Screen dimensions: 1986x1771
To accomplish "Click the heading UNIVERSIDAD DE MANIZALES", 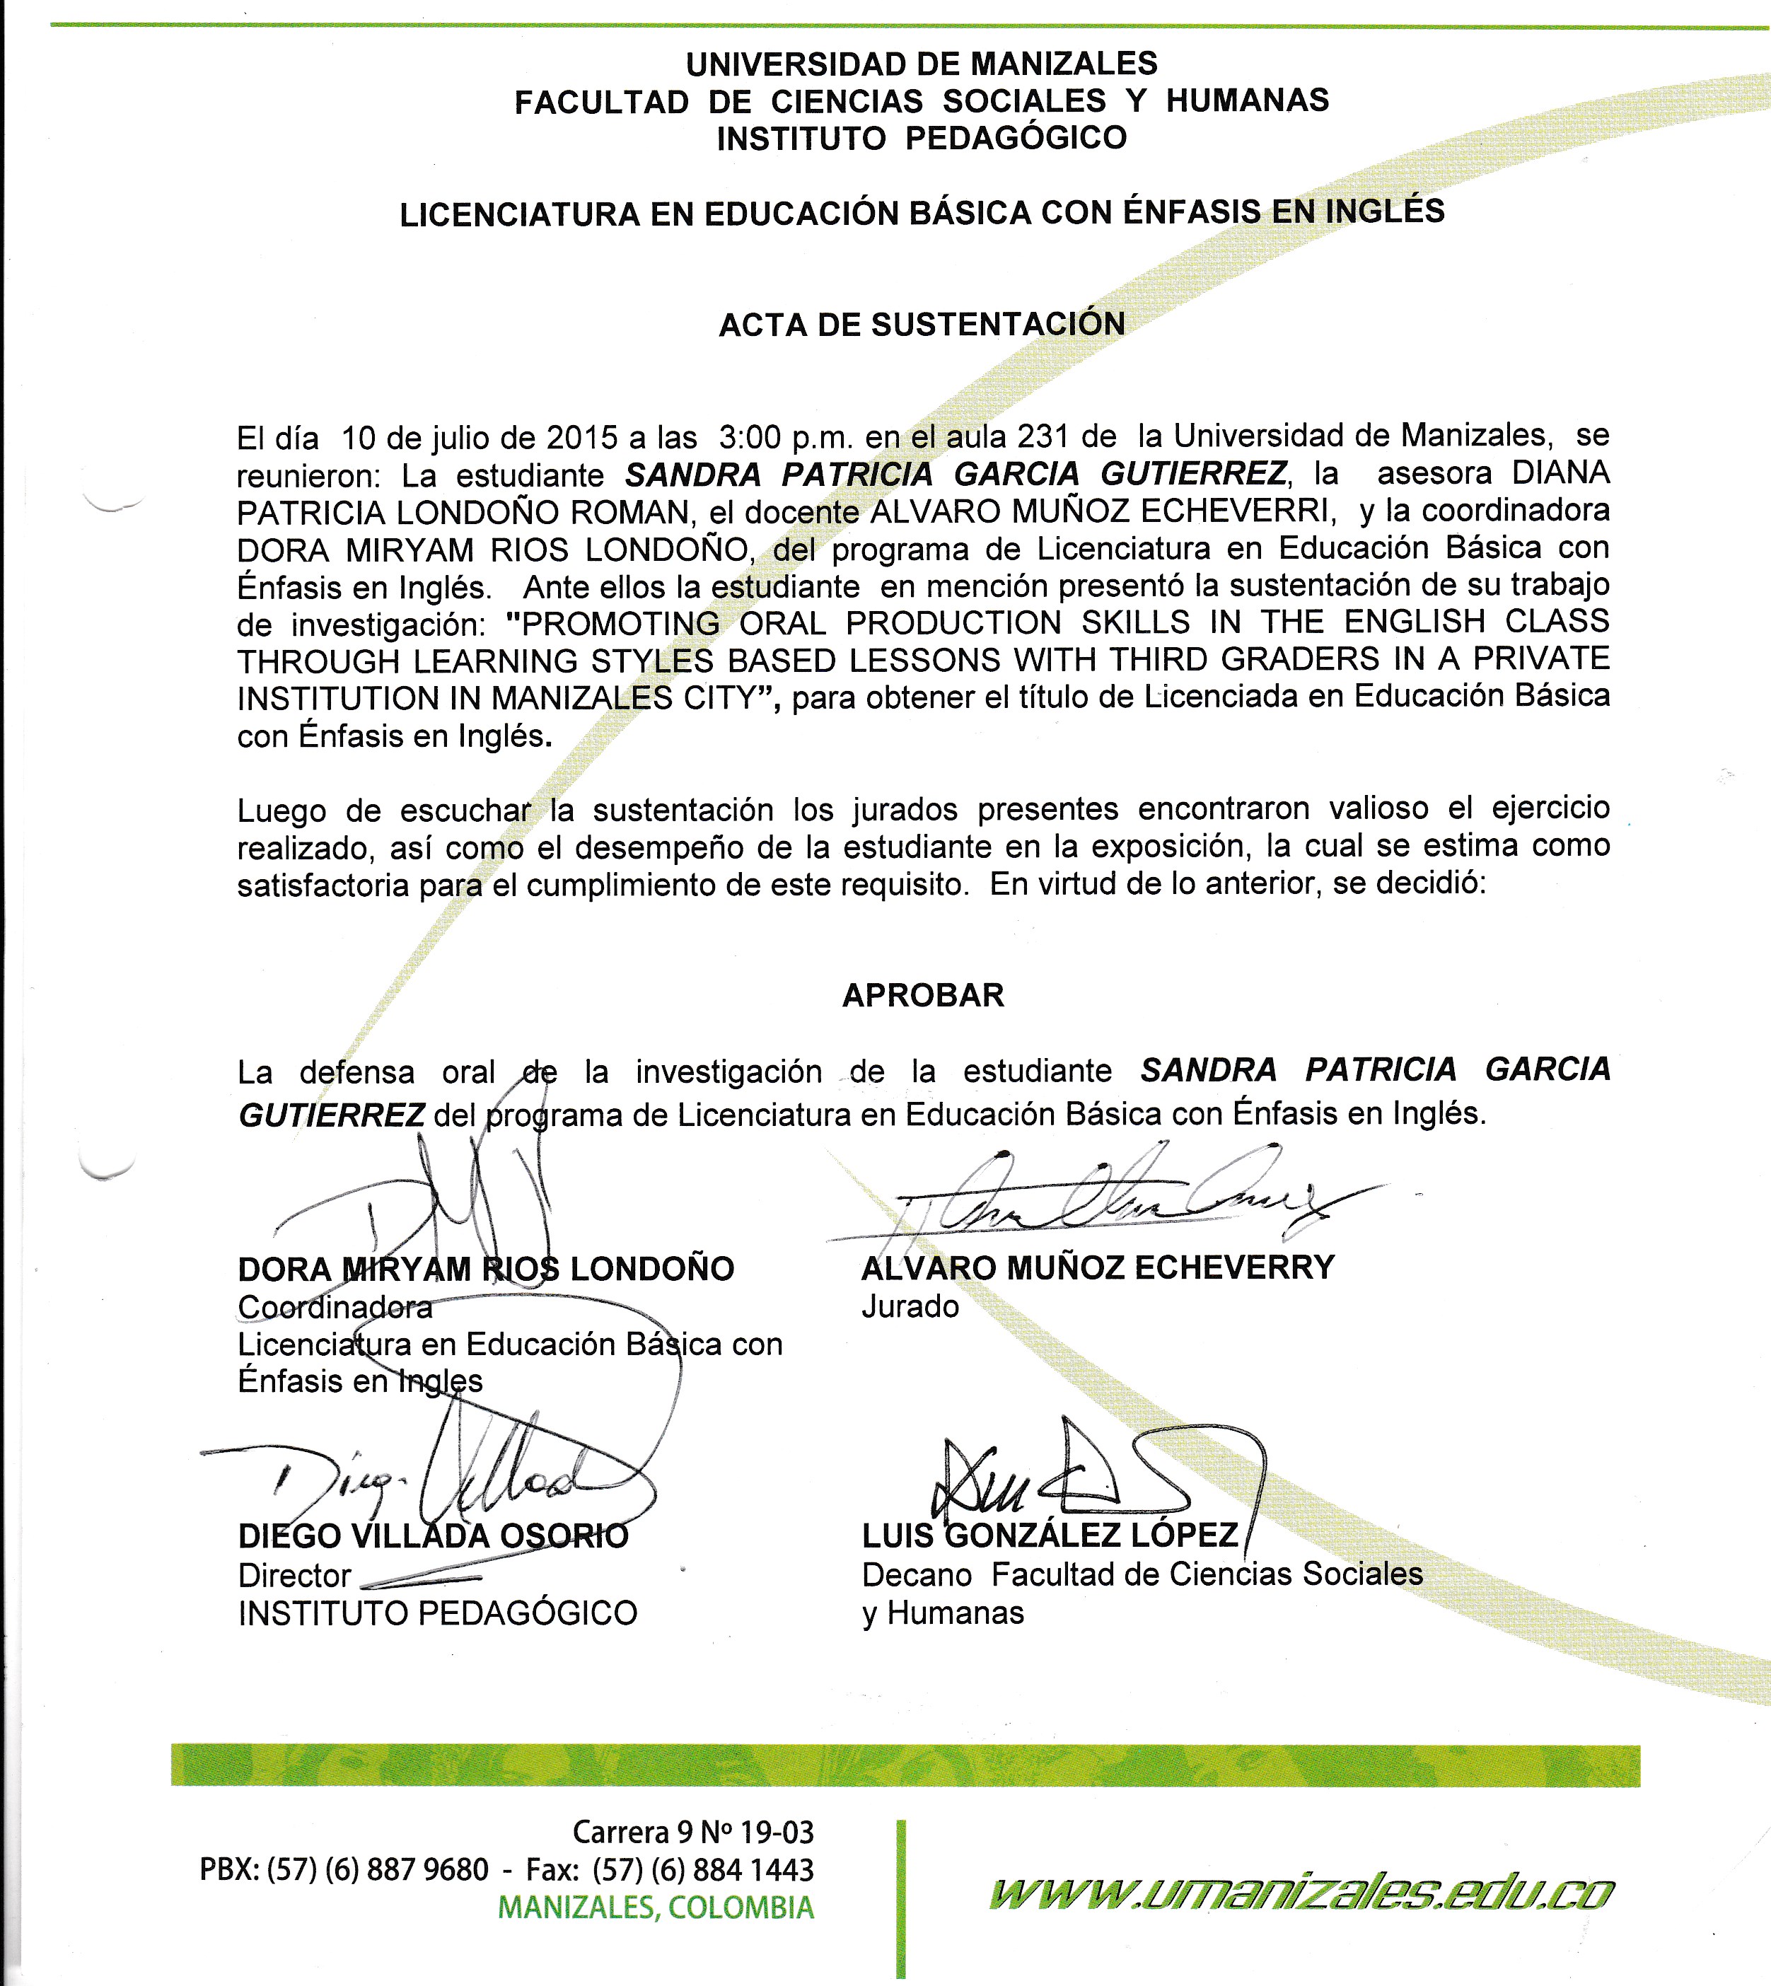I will point(922,64).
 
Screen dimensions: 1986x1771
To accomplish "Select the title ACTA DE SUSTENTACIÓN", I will point(922,324).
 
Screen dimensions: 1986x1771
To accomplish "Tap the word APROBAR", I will point(922,995).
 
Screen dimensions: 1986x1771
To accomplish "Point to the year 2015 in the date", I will point(581,437).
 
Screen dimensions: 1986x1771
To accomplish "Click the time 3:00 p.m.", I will point(786,437).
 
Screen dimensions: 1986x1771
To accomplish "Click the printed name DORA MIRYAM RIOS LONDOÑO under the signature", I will point(486,1269).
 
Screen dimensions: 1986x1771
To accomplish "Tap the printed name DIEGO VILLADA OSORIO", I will point(433,1536).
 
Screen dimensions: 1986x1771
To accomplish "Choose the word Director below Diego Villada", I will point(294,1575).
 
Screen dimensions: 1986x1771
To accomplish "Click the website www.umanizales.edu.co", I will point(1301,1893).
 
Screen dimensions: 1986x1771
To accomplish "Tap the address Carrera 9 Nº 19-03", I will point(693,1833).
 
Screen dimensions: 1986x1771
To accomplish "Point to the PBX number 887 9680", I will point(427,1869).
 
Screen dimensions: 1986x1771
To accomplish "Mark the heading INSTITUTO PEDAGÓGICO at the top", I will point(922,138).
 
